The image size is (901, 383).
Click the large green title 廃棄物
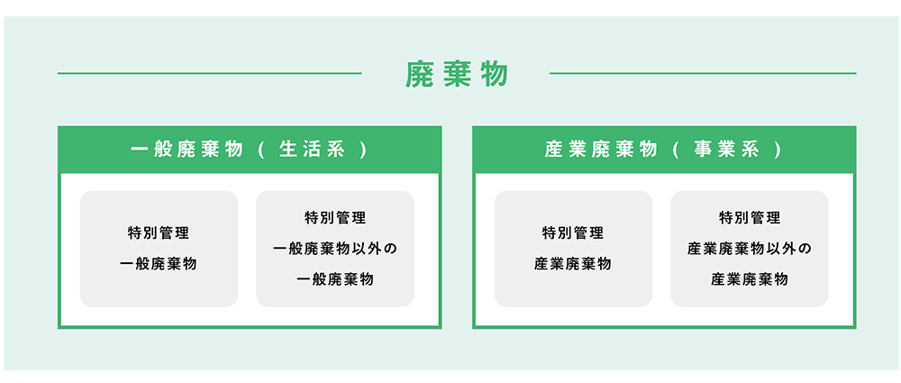coord(456,74)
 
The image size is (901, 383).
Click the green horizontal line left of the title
coord(210,74)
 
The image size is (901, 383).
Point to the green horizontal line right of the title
coord(703,74)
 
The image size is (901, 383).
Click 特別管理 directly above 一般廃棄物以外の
coord(335,218)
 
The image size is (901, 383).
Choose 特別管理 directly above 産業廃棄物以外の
coord(750,218)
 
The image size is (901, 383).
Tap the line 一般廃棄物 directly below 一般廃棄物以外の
coord(335,280)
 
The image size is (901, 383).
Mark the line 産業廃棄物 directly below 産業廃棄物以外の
coord(750,280)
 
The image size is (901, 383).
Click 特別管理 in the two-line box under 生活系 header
coord(159,233)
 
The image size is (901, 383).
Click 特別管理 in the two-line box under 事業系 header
coord(573,233)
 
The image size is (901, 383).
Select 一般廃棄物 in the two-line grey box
coord(159,265)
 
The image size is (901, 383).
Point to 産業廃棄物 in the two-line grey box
coord(573,265)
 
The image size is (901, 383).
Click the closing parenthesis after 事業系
coord(777,150)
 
